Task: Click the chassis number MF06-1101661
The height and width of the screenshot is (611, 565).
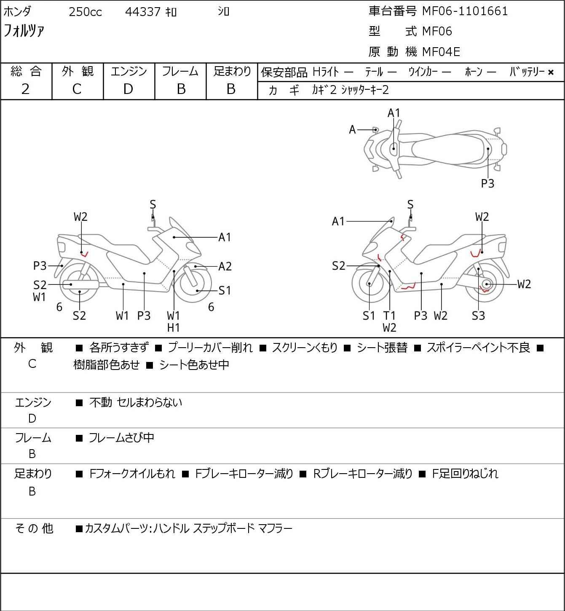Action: pos(465,11)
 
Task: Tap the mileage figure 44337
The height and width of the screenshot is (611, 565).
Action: pos(143,12)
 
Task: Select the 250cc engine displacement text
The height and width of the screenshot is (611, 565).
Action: pos(85,12)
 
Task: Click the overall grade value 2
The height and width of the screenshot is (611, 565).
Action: pos(26,89)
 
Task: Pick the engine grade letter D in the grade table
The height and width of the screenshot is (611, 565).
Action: pos(128,89)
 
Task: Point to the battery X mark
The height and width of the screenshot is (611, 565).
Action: pos(551,72)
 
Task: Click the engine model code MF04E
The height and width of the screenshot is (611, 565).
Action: pos(441,52)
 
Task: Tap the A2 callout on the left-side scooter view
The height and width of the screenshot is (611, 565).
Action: pos(225,266)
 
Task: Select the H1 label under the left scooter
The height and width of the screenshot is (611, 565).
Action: pos(174,328)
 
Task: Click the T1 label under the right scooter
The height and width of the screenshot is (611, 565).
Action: pos(389,315)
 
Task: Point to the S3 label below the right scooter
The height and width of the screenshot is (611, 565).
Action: pos(478,315)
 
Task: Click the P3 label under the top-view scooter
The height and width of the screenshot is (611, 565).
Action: pos(487,183)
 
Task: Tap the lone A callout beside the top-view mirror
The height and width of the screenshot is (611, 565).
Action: pos(352,129)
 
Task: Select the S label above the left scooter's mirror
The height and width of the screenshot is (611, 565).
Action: pos(153,204)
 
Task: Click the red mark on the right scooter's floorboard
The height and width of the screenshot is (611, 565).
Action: pos(408,287)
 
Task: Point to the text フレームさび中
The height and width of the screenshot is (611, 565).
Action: pos(121,437)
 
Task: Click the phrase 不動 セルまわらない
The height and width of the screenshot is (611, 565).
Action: pos(136,402)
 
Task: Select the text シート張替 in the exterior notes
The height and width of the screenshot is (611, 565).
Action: pos(382,348)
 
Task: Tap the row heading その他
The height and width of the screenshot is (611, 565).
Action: pos(34,528)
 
